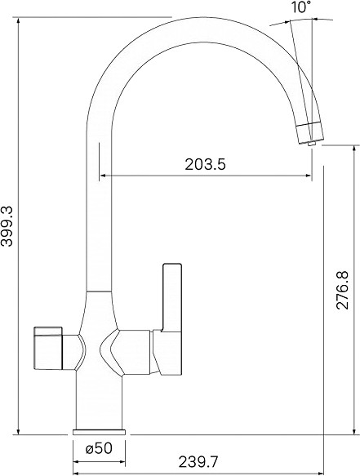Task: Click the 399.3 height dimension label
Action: [x=7, y=226]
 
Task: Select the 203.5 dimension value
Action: [x=206, y=165]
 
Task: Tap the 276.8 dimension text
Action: [x=343, y=290]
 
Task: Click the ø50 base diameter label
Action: [x=99, y=448]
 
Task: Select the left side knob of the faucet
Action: [x=47, y=349]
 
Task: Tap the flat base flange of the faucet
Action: [x=99, y=432]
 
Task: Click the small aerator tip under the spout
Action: [x=311, y=143]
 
